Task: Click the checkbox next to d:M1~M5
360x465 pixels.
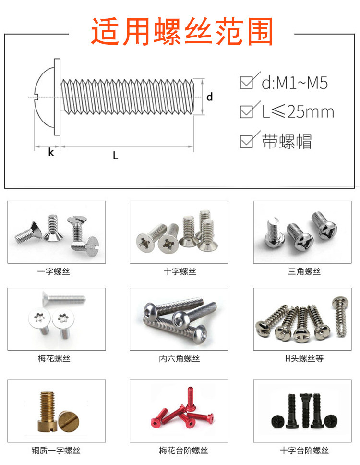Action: tap(247, 83)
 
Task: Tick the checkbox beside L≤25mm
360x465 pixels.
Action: tap(247, 112)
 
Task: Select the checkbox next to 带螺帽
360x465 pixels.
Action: tap(247, 141)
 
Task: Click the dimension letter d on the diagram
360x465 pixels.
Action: tap(209, 97)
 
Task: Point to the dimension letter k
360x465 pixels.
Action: tap(51, 152)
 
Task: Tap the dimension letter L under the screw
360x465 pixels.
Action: tap(116, 155)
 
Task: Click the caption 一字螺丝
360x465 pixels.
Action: tap(54, 271)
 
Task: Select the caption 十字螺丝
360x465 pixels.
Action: tap(180, 271)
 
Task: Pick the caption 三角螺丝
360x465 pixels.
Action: tap(304, 271)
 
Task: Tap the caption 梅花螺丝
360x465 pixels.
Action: tap(54, 358)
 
